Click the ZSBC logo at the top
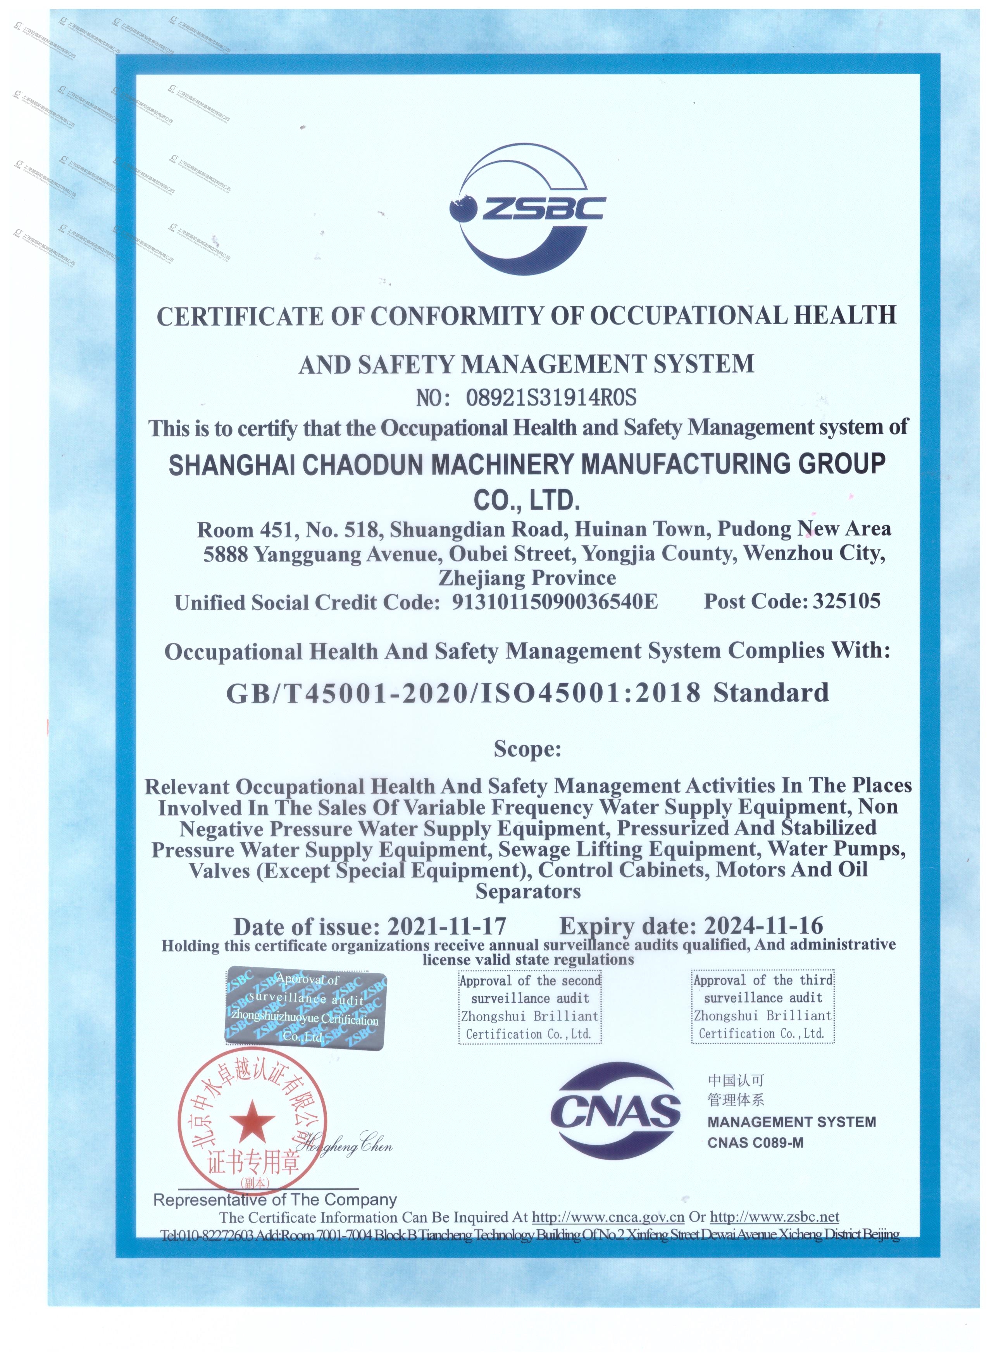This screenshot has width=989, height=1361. [x=527, y=207]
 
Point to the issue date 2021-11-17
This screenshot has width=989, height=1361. [x=447, y=926]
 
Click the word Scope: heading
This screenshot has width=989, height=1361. [x=527, y=749]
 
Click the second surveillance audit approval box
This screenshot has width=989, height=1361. [x=530, y=1007]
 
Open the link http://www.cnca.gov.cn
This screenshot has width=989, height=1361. [x=608, y=1217]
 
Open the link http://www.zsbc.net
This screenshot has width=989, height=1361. [x=774, y=1217]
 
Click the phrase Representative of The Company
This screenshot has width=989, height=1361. [x=275, y=1200]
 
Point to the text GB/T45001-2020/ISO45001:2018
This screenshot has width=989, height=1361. [x=463, y=693]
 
